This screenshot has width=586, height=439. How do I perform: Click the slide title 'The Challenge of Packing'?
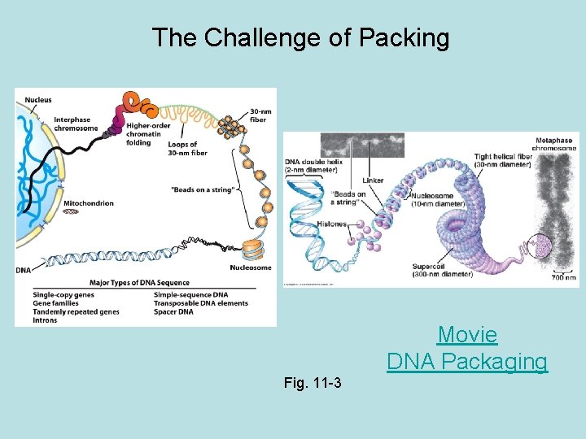tap(300, 37)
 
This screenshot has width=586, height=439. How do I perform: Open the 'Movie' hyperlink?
tap(467, 334)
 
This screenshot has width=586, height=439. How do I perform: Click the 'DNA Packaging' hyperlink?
tap(467, 361)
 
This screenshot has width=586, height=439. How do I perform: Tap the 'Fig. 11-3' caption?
tap(313, 382)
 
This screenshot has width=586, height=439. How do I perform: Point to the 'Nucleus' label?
tap(38, 100)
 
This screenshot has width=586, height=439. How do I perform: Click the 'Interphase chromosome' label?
tap(76, 124)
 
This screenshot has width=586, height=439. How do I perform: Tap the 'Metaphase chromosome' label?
tap(555, 144)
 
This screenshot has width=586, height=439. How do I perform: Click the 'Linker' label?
tap(374, 180)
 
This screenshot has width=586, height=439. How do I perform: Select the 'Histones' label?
tap(331, 224)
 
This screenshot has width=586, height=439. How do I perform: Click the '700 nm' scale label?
tap(563, 278)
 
